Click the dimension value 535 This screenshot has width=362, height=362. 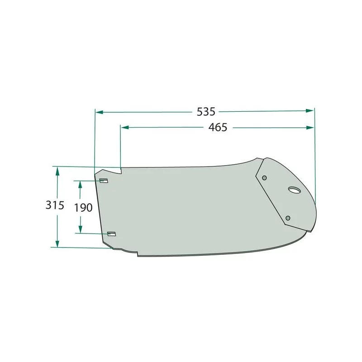(206, 112)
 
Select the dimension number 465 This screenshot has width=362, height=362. (218, 128)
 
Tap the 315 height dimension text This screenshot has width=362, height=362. (55, 205)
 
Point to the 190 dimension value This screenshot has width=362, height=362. (83, 208)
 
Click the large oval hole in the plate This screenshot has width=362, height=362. (295, 190)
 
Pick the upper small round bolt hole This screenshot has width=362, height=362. (265, 178)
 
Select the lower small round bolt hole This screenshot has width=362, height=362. (288, 218)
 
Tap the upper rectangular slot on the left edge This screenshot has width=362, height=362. (104, 181)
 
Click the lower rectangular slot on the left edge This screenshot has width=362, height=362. (111, 234)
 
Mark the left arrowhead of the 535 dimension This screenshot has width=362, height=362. (99, 112)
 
